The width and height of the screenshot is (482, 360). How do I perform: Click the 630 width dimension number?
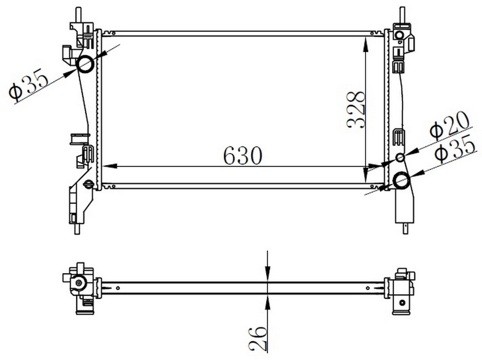[243, 156]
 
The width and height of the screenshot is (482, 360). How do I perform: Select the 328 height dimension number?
[355, 110]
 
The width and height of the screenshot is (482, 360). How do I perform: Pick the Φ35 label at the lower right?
[455, 149]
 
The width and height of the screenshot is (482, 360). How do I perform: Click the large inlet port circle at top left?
[85, 65]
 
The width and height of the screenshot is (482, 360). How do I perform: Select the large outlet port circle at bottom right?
[401, 180]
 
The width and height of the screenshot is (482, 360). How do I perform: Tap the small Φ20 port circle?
[400, 157]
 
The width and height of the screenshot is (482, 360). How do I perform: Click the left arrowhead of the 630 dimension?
[110, 166]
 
